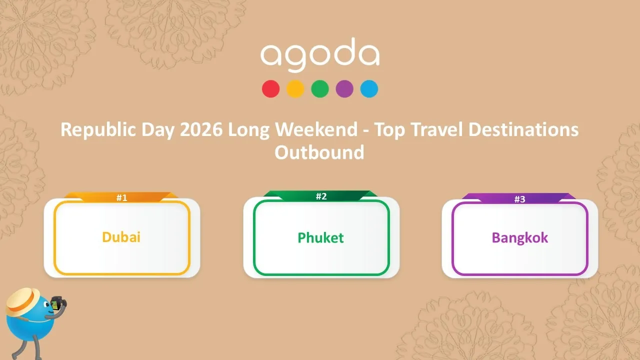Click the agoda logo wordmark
click(x=319, y=54)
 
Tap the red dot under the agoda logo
click(x=270, y=89)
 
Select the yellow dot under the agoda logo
click(x=295, y=89)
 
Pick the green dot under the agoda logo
click(x=319, y=89)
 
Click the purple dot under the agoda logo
click(x=344, y=89)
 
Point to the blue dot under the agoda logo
click(x=369, y=89)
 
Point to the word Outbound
click(x=319, y=152)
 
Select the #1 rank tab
click(x=122, y=197)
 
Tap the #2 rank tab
click(x=321, y=196)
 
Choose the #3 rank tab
click(x=519, y=199)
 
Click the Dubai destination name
click(x=121, y=237)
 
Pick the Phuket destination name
click(x=320, y=237)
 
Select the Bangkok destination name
click(x=519, y=237)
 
